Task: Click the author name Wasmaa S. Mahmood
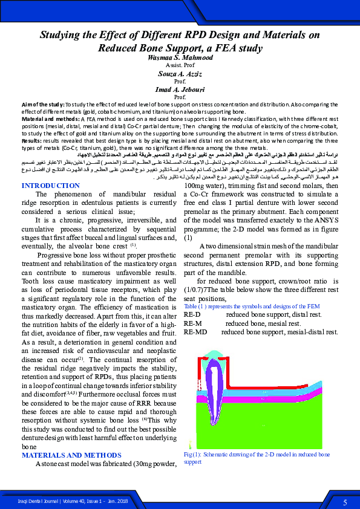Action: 180,57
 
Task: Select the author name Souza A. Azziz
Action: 180,73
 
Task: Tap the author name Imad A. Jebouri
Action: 180,88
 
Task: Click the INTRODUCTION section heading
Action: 50,185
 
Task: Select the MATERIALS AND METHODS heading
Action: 71,455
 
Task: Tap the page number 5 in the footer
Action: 345,502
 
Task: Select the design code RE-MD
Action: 195,332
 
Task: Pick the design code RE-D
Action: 192,315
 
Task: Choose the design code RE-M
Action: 192,323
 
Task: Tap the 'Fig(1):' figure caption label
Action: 193,453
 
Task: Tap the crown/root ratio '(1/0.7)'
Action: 194,290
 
